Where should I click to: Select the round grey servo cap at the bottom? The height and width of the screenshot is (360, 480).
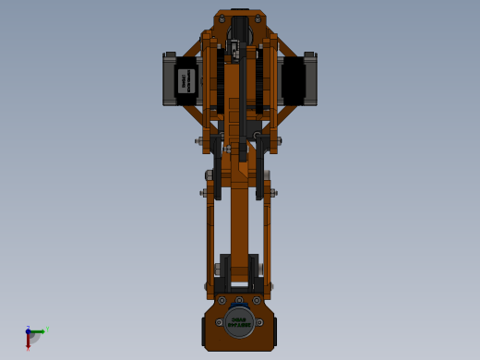click(239, 321)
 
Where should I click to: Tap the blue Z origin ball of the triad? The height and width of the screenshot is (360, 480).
click(29, 330)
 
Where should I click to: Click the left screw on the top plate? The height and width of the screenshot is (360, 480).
click(222, 18)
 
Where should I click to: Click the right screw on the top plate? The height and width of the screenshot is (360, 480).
click(258, 18)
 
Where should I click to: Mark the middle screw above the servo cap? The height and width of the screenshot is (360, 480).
click(239, 300)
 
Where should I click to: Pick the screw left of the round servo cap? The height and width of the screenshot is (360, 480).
click(219, 322)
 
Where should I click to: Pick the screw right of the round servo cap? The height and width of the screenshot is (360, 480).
click(259, 322)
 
